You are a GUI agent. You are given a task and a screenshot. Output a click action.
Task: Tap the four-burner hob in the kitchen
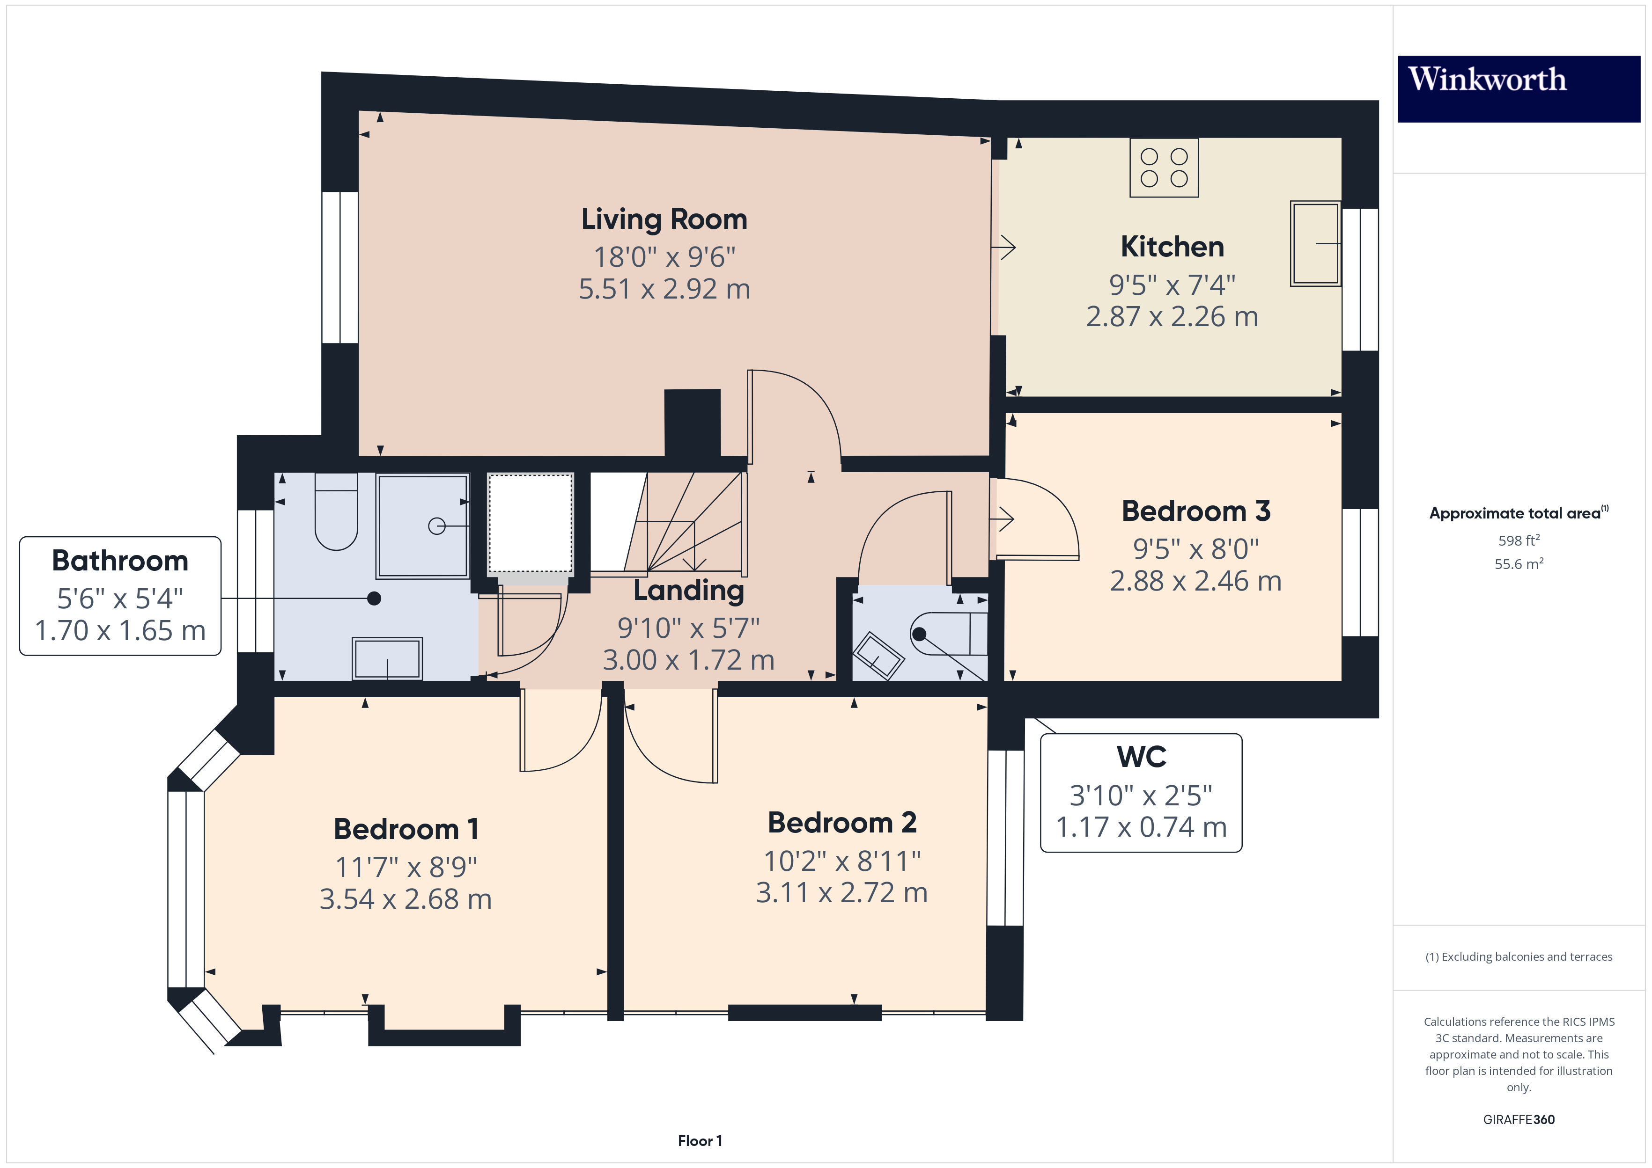[x=1164, y=168]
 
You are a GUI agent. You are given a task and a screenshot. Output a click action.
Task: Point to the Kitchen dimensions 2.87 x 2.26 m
[x=1172, y=316]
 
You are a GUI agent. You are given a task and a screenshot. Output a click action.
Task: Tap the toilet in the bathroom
[x=336, y=511]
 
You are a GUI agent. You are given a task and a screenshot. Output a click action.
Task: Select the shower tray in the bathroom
[x=423, y=526]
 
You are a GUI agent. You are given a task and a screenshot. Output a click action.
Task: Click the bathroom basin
[x=387, y=658]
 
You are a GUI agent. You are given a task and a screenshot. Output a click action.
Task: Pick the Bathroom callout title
[x=120, y=560]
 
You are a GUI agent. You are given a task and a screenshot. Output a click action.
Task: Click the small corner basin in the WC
[x=878, y=655]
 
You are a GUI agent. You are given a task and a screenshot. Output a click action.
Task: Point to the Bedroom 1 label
[x=406, y=829]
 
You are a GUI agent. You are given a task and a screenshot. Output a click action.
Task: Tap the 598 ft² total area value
[x=1518, y=540]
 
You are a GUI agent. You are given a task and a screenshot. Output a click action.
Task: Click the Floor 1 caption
[x=700, y=1141]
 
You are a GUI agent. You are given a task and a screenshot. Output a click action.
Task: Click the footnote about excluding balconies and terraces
[x=1518, y=956]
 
